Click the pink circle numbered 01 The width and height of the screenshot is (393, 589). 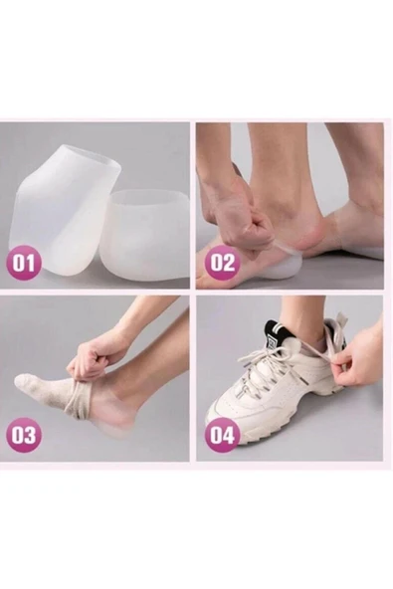pyautogui.click(x=23, y=263)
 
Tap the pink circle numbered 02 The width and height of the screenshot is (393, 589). pyautogui.click(x=222, y=263)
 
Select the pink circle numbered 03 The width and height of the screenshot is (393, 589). pyautogui.click(x=23, y=435)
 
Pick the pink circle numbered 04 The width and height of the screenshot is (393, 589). pyautogui.click(x=222, y=435)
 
